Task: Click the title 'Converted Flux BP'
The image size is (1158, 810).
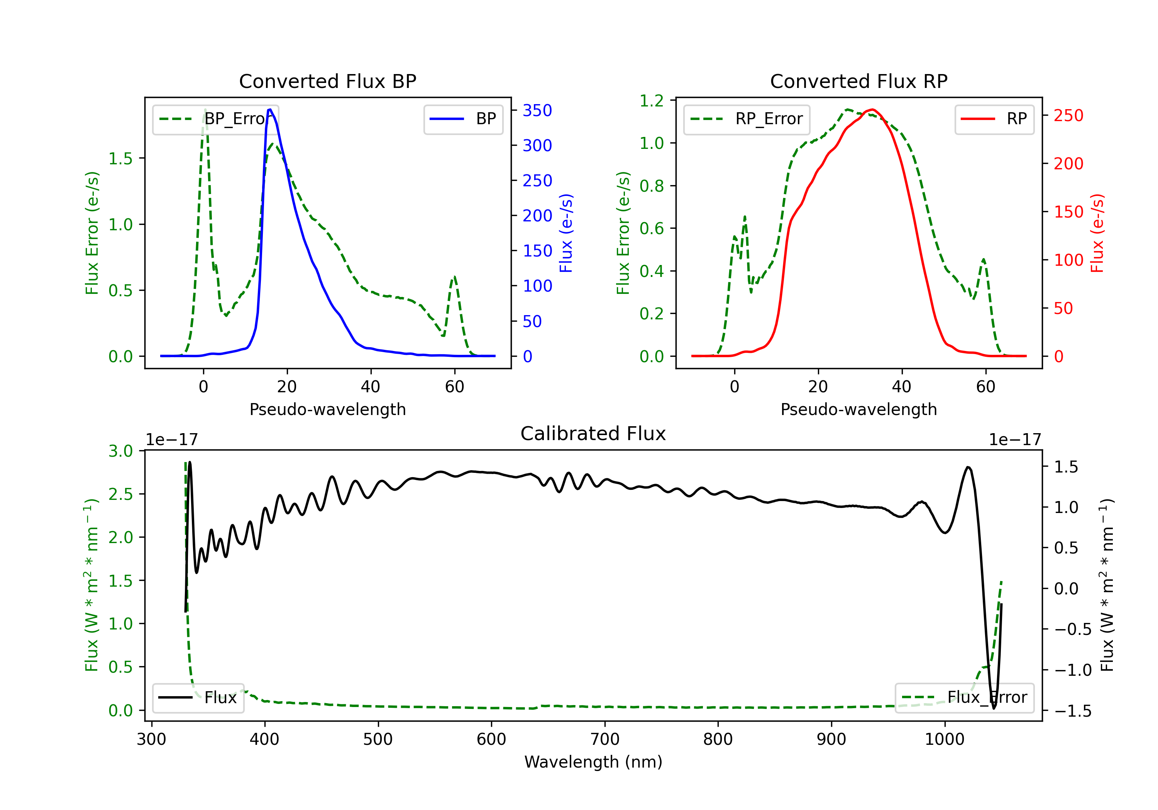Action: (327, 81)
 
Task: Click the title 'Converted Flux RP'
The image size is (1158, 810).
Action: (858, 81)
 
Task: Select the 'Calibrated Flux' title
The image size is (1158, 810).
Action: (593, 434)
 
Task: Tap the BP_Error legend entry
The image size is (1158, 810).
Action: (216, 119)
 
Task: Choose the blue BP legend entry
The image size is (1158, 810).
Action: (463, 119)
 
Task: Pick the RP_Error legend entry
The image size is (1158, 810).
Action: (747, 119)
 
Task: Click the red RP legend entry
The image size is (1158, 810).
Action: (994, 119)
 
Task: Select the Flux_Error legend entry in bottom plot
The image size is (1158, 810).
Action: (964, 698)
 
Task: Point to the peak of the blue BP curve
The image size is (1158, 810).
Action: (270, 110)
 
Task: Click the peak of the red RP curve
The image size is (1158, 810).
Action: (872, 110)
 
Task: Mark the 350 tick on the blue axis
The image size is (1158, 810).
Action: (537, 110)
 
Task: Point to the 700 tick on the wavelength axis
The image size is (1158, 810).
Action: (605, 739)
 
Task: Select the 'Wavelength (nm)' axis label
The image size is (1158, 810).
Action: (593, 762)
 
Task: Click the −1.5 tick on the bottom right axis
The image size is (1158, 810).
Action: (1072, 711)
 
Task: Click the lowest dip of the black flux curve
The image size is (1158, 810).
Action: (994, 708)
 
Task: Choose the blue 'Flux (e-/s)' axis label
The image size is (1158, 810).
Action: (566, 233)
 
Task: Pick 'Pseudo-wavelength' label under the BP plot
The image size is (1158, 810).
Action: (327, 409)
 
